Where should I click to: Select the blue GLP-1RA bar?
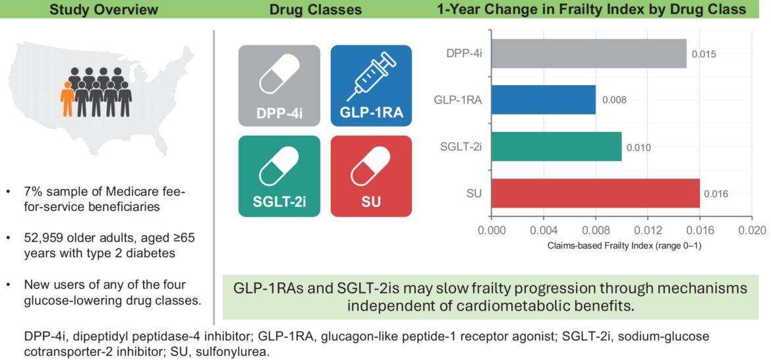543,100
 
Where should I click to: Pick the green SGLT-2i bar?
556,147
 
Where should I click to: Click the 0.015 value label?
703,54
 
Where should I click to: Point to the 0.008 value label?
613,101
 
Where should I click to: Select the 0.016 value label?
716,195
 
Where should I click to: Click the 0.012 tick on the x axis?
647,231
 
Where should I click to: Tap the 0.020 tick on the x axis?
751,231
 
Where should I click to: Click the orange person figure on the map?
67,99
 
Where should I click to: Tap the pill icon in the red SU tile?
370,167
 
